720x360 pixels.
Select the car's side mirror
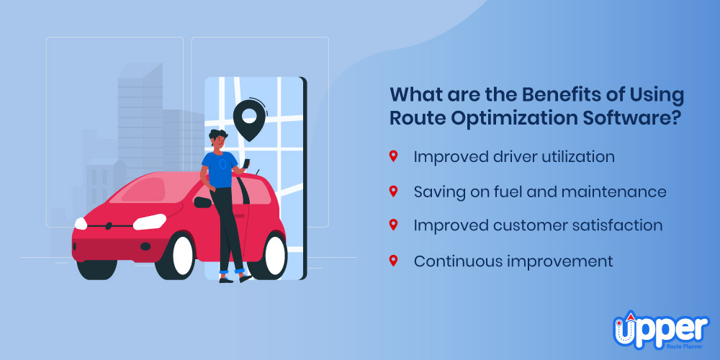coord(202,202)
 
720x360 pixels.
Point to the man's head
coord(217,140)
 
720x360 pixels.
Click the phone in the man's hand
coord(246,163)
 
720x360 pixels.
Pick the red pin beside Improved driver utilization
coord(393,156)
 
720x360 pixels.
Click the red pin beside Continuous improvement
coord(393,261)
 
